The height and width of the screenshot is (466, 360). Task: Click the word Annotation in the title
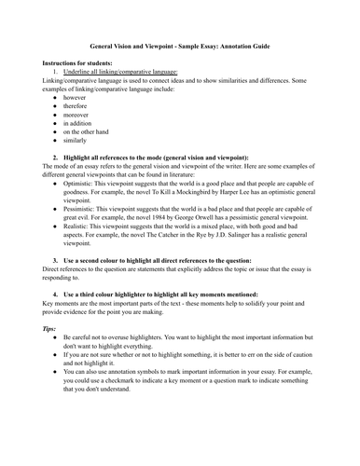click(260, 46)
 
